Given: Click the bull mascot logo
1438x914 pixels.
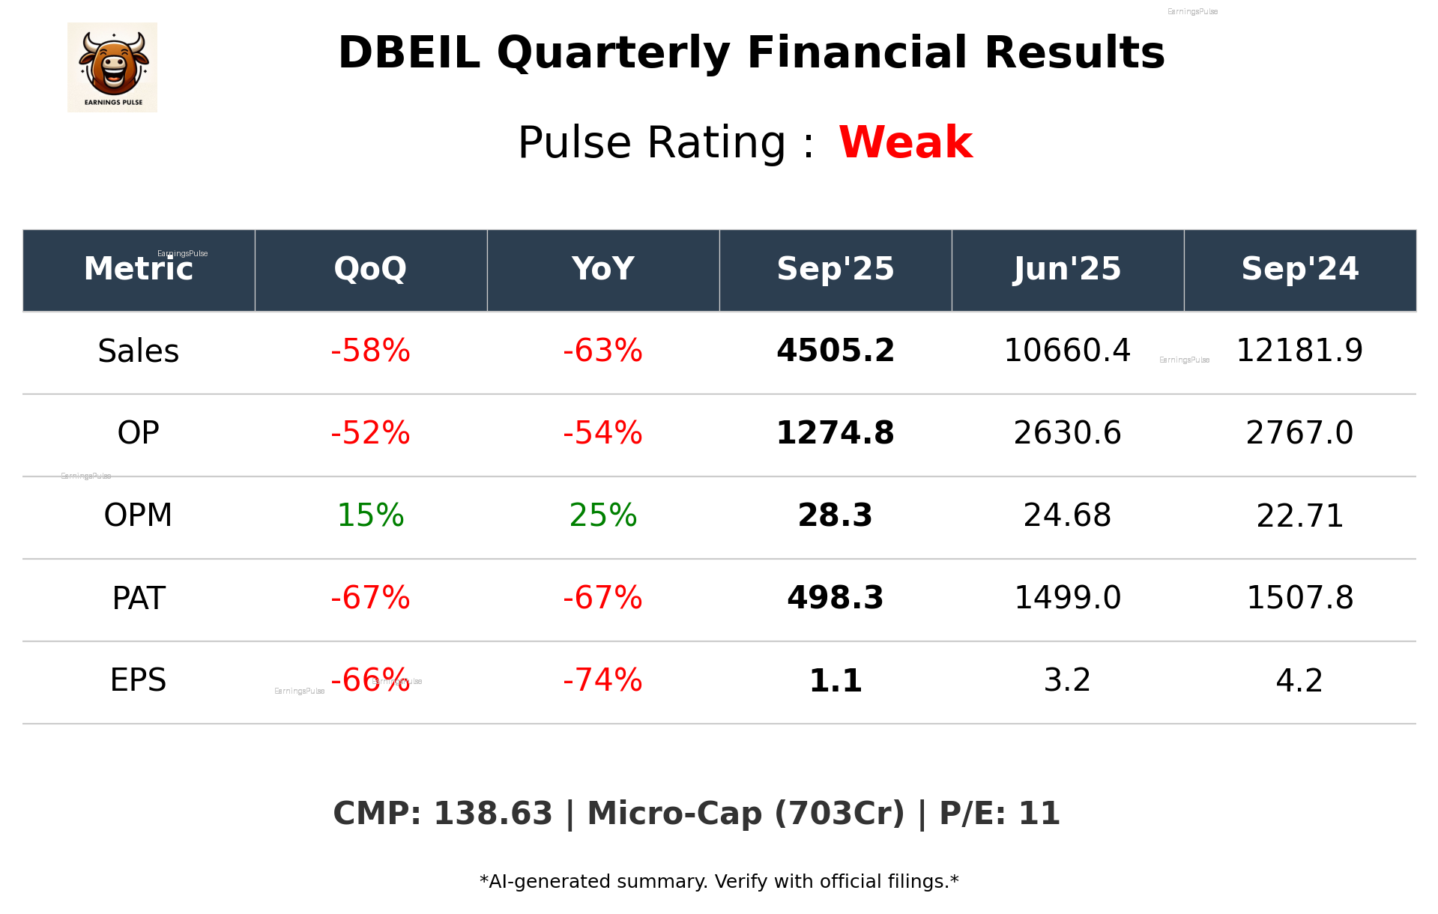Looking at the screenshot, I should (x=112, y=67).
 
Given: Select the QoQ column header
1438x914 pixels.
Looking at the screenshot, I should (x=370, y=269).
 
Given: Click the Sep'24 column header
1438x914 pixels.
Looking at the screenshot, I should (x=1299, y=269).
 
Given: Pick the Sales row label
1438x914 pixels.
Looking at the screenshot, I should (x=139, y=351).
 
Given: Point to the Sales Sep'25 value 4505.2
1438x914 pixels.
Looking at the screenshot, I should (x=835, y=351).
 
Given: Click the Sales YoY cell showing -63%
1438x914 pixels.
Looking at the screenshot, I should (x=602, y=351).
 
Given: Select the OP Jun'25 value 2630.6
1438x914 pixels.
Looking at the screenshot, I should (x=1067, y=433).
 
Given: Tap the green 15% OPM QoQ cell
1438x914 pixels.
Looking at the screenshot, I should (x=370, y=515).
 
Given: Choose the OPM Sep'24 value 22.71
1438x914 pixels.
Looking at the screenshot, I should (x=1299, y=515).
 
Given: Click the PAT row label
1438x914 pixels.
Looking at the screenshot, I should (x=139, y=598).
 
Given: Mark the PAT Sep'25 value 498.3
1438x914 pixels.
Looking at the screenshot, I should (x=835, y=598).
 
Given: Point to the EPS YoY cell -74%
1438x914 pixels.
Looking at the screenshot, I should (x=602, y=680).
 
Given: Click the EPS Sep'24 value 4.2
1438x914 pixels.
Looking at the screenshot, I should (x=1299, y=680).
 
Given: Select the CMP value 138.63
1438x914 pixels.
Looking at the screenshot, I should (x=492, y=814).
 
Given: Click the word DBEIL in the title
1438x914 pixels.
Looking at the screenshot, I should (x=409, y=53).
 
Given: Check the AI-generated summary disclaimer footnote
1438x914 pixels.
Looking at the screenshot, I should (x=719, y=882).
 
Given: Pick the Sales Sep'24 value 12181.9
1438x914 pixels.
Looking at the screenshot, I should (x=1299, y=351).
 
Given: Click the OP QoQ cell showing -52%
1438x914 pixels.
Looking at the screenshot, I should (x=370, y=433).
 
